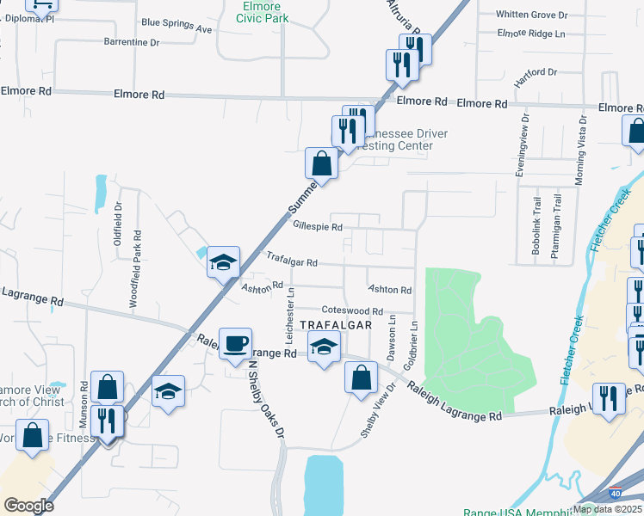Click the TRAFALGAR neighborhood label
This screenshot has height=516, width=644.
coord(337,325)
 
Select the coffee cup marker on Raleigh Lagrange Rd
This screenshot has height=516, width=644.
coord(235,345)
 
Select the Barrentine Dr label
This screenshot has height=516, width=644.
coord(132,41)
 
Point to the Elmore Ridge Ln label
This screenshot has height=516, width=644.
coord(531,34)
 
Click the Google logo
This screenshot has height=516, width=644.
coord(28,505)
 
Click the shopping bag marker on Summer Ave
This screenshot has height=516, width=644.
coord(321,163)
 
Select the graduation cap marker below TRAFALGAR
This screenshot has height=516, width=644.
coord(323,348)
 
